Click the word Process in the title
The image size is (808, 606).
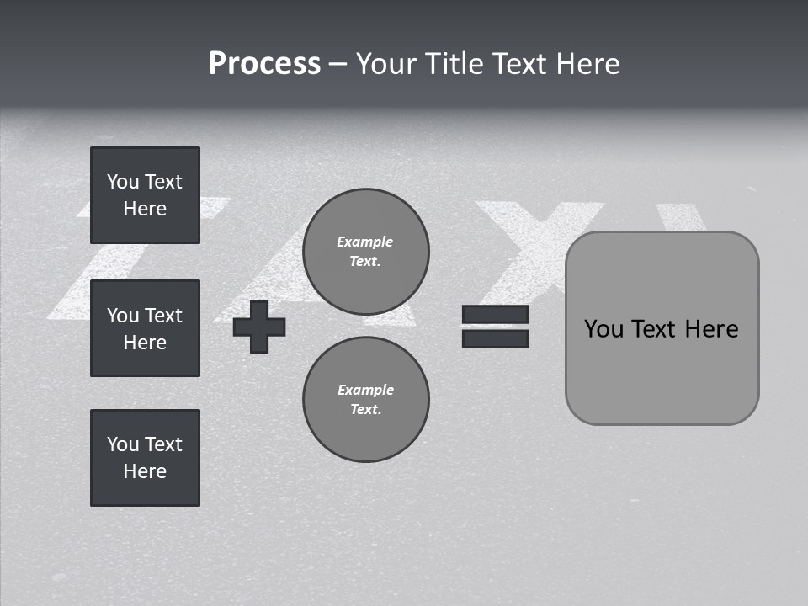(264, 64)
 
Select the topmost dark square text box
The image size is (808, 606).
(145, 195)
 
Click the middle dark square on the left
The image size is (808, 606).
(145, 328)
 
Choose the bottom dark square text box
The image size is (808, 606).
(145, 458)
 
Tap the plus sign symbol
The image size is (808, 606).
(259, 327)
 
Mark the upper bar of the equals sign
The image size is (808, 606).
(495, 315)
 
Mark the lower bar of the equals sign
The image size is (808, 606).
(495, 338)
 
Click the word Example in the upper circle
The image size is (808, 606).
(365, 242)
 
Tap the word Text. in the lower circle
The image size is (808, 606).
(365, 409)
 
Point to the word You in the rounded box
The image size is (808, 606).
(604, 329)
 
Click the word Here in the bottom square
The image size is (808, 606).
(145, 471)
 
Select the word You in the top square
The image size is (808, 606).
(123, 182)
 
